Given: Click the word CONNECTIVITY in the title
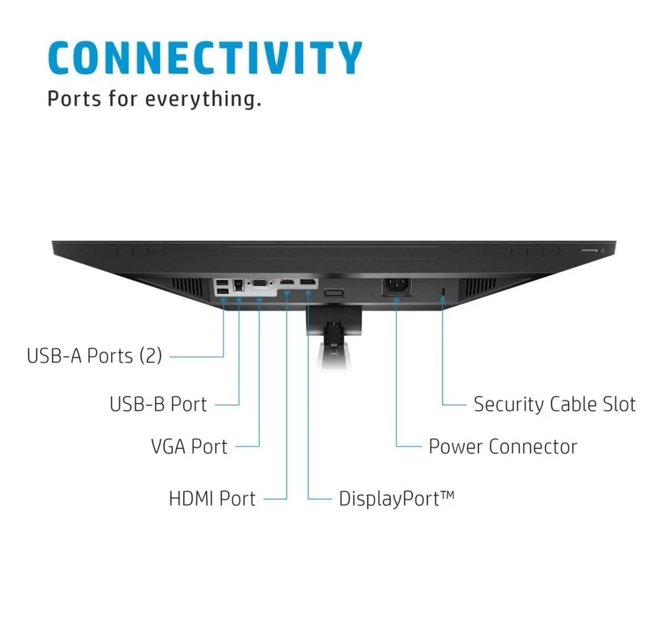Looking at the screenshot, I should point(205,58).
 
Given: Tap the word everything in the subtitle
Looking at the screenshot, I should point(203,99).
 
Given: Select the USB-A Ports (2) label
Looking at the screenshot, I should point(94,356).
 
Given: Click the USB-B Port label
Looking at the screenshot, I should point(158,404).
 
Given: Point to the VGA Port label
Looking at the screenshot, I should point(189,446).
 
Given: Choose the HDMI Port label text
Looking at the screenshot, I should point(212,498).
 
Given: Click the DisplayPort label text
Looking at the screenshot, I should point(396,498).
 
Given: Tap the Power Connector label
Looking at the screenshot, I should point(502,446).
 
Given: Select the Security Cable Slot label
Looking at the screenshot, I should point(554,404).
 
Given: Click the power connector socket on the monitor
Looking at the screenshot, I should point(396,285).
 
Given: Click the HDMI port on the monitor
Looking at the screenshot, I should point(287,283).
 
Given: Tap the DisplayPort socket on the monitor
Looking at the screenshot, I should point(308,283).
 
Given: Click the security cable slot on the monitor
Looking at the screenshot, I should point(443,290).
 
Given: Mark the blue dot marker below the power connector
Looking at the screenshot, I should point(396,299).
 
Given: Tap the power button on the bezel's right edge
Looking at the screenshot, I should point(603,251).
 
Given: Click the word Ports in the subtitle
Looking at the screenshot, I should point(73,99).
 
